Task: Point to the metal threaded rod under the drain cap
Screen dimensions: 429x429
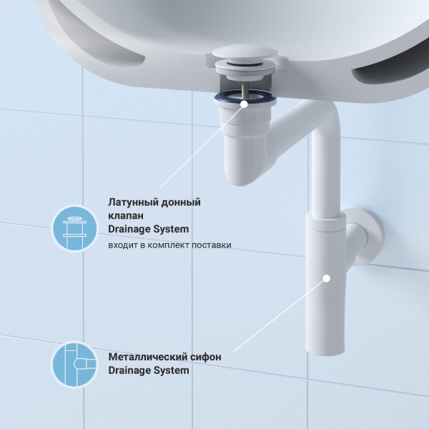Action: [x=245, y=89]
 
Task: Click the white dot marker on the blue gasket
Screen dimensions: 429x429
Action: [x=245, y=104]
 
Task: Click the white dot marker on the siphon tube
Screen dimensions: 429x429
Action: [x=327, y=278]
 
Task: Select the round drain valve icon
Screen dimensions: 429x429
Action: [x=74, y=228]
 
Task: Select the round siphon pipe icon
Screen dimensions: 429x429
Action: [x=74, y=364]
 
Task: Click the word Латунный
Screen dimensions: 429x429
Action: [x=132, y=202]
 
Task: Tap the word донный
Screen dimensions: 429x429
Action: [x=181, y=202]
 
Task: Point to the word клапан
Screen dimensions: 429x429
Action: [x=126, y=216]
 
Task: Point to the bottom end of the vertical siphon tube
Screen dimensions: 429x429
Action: [x=325, y=352]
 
